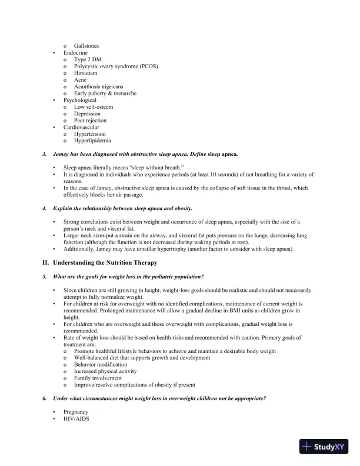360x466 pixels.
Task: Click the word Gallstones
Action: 86,45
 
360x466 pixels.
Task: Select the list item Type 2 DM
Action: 87,59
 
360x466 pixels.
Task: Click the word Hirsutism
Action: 86,73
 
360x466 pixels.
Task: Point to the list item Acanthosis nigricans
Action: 98,86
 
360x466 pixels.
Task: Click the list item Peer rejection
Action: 90,120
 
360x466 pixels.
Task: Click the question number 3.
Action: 45,154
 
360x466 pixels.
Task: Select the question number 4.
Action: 45,208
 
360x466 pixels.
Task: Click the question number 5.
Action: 45,276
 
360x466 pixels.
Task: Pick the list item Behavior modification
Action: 100,365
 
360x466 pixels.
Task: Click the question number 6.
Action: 45,398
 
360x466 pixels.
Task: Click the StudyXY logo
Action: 323,447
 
